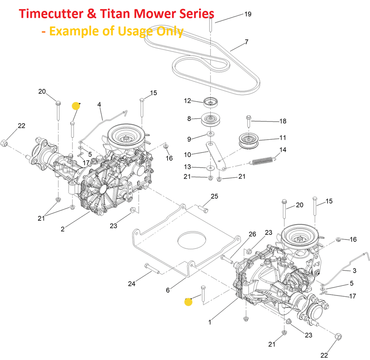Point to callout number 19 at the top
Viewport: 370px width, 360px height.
point(248,14)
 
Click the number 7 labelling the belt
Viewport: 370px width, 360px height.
point(246,42)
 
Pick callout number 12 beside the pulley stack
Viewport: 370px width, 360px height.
point(188,101)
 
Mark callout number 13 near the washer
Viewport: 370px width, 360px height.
point(188,167)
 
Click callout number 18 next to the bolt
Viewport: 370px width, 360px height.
point(283,121)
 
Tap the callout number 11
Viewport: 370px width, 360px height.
point(283,137)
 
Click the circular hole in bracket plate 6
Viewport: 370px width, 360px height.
point(192,240)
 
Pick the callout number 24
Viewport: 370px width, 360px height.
point(132,284)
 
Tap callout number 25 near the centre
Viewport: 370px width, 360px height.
point(215,196)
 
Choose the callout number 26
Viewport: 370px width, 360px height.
point(252,234)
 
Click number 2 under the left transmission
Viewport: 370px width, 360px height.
point(63,229)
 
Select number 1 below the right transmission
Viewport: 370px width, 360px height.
point(210,322)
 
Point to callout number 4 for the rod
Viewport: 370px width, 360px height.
point(99,105)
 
